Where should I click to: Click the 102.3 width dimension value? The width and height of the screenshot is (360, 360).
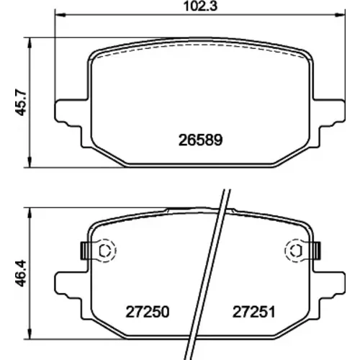pyautogui.click(x=200, y=6)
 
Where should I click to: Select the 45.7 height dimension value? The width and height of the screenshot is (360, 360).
pyautogui.click(x=21, y=103)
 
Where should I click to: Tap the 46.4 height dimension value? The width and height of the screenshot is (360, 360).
pyautogui.click(x=21, y=273)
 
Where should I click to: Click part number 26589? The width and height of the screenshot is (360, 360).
pyautogui.click(x=201, y=140)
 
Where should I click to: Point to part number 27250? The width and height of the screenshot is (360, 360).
pyautogui.click(x=148, y=312)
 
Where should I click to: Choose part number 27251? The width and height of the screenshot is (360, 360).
pyautogui.click(x=253, y=312)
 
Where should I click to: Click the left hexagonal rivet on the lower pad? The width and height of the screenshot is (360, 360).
pyautogui.click(x=104, y=251)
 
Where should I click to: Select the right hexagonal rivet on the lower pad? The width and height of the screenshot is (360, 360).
pyautogui.click(x=296, y=251)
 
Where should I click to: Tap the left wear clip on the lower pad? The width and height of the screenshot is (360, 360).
pyautogui.click(x=84, y=251)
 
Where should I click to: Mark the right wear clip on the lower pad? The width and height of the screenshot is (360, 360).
pyautogui.click(x=317, y=251)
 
